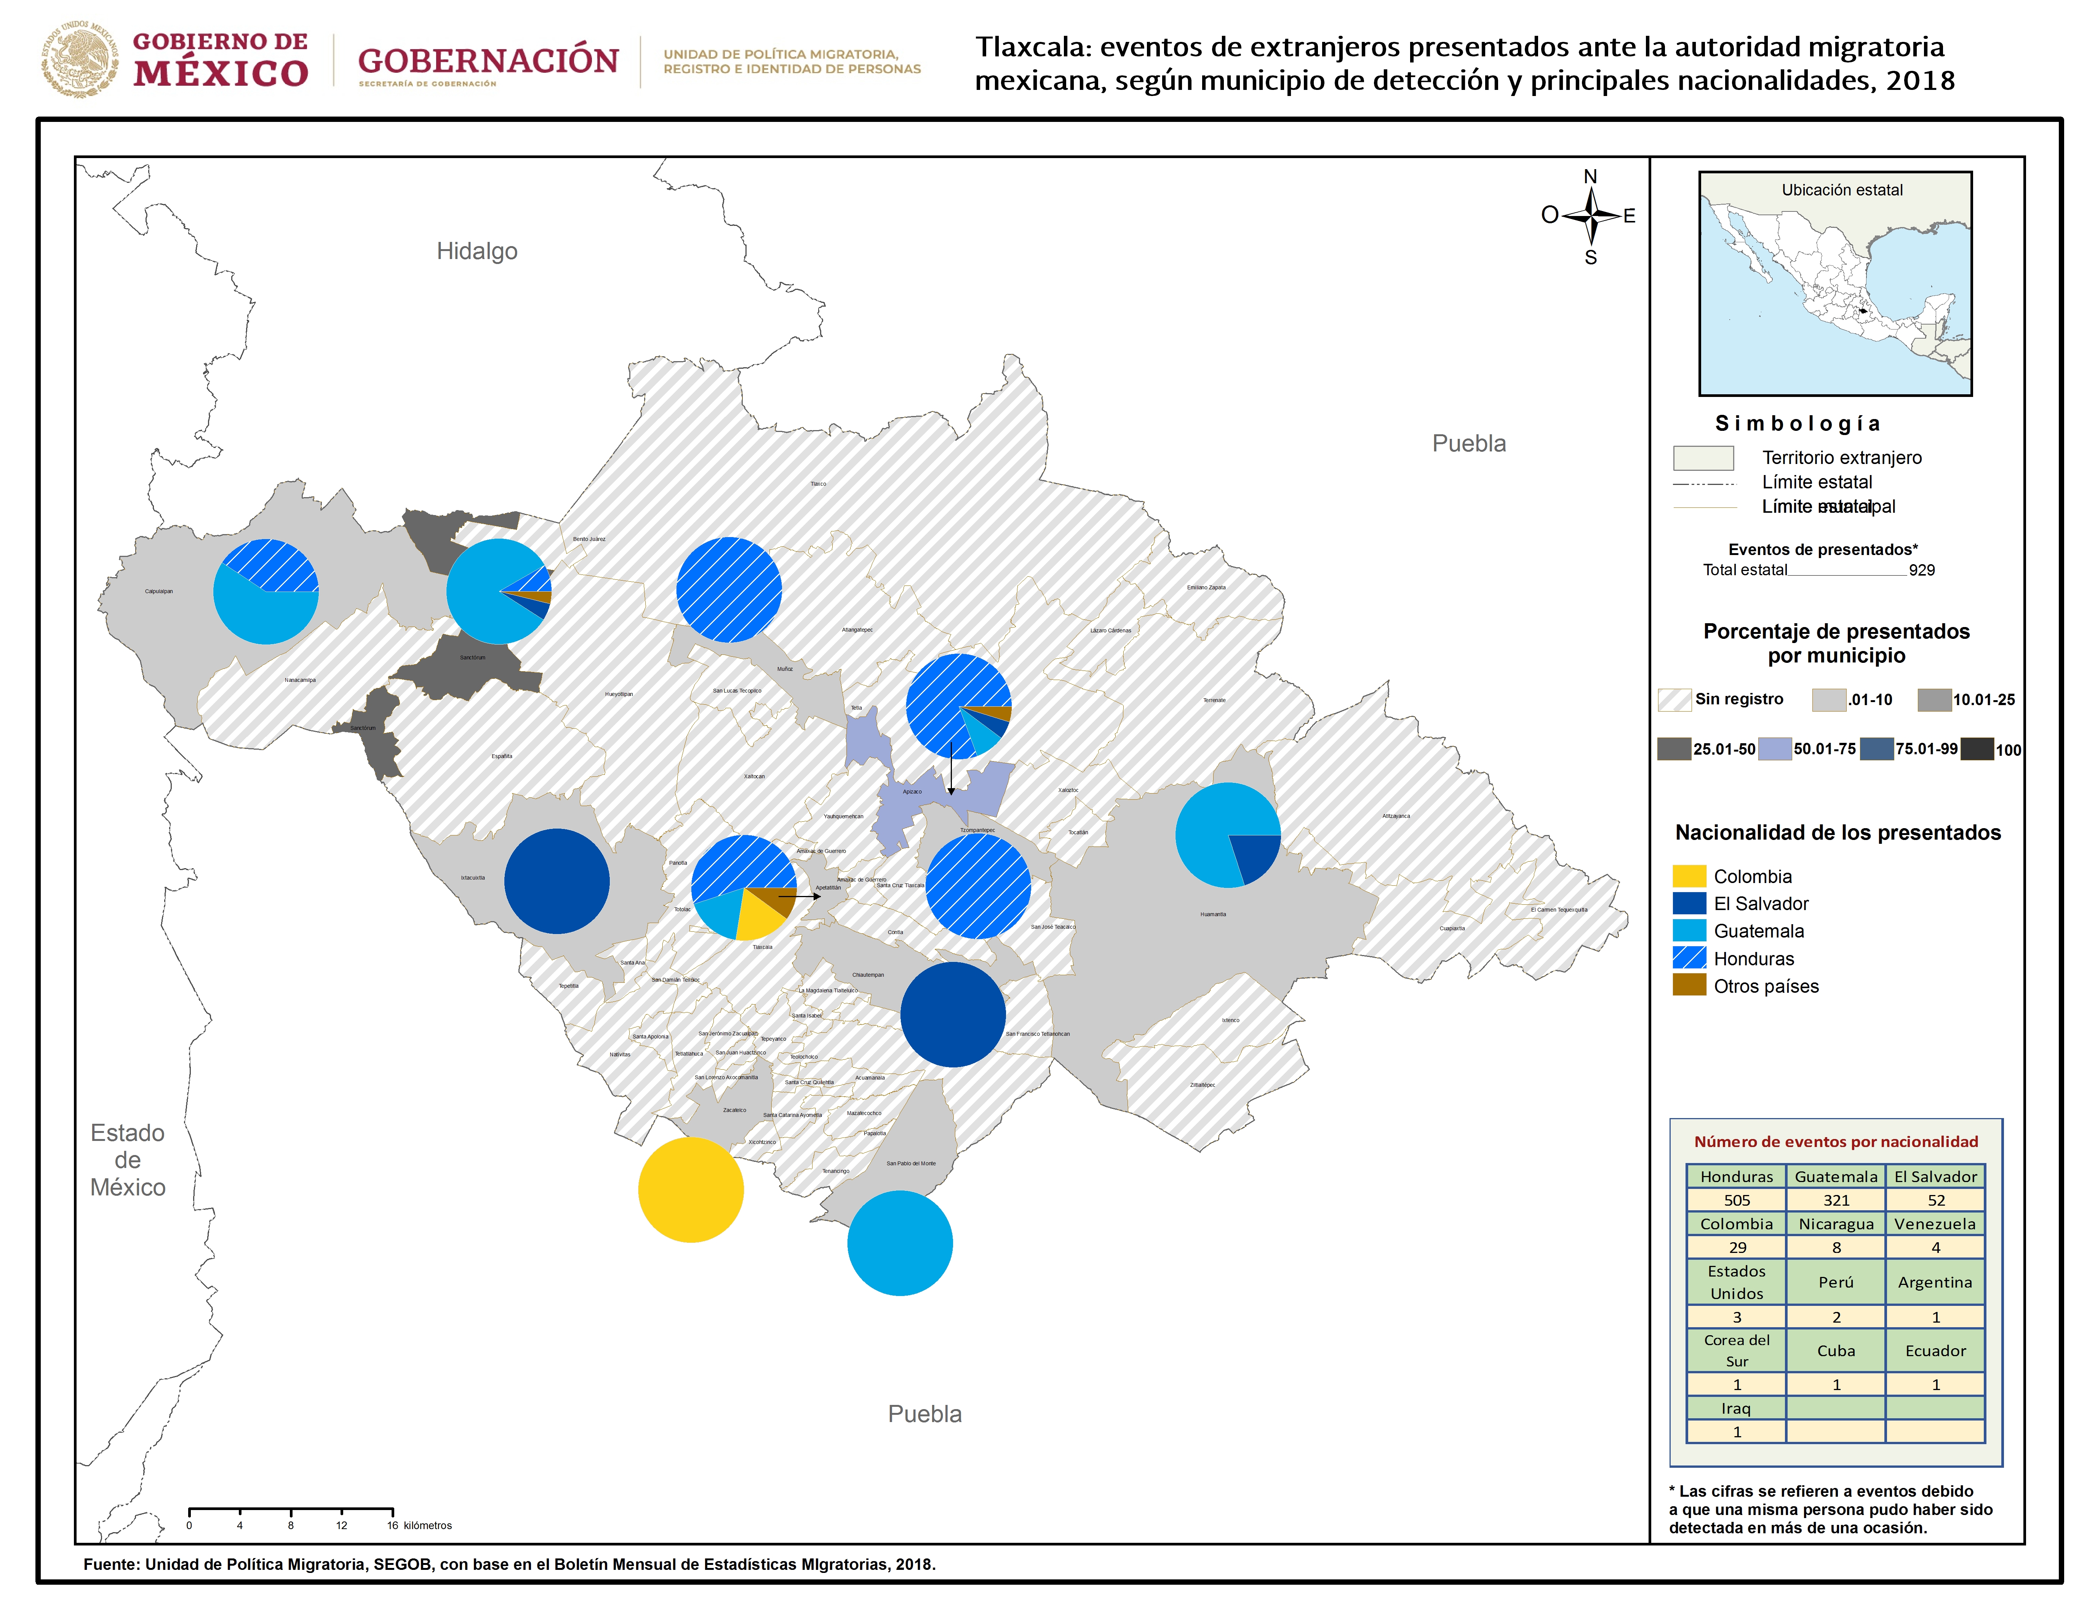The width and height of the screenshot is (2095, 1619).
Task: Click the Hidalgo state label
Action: tap(477, 251)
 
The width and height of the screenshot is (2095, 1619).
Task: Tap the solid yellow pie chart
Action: tap(691, 1190)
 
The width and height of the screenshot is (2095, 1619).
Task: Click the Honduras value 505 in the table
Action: tap(1736, 1200)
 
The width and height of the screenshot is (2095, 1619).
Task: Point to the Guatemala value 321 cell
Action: tap(1836, 1200)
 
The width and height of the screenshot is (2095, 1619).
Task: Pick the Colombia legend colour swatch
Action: tap(1689, 876)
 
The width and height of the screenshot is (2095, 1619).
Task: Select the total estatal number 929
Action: tap(1921, 570)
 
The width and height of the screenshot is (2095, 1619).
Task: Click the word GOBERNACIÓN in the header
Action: tap(488, 61)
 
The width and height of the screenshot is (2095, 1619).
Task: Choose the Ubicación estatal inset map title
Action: tap(1842, 190)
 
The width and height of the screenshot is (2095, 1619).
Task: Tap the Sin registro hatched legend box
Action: tap(1674, 699)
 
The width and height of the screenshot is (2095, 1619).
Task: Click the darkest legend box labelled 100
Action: tap(1977, 749)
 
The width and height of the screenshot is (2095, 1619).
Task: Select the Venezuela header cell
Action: tap(1935, 1224)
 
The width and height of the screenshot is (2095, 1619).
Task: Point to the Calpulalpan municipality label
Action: tap(159, 591)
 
